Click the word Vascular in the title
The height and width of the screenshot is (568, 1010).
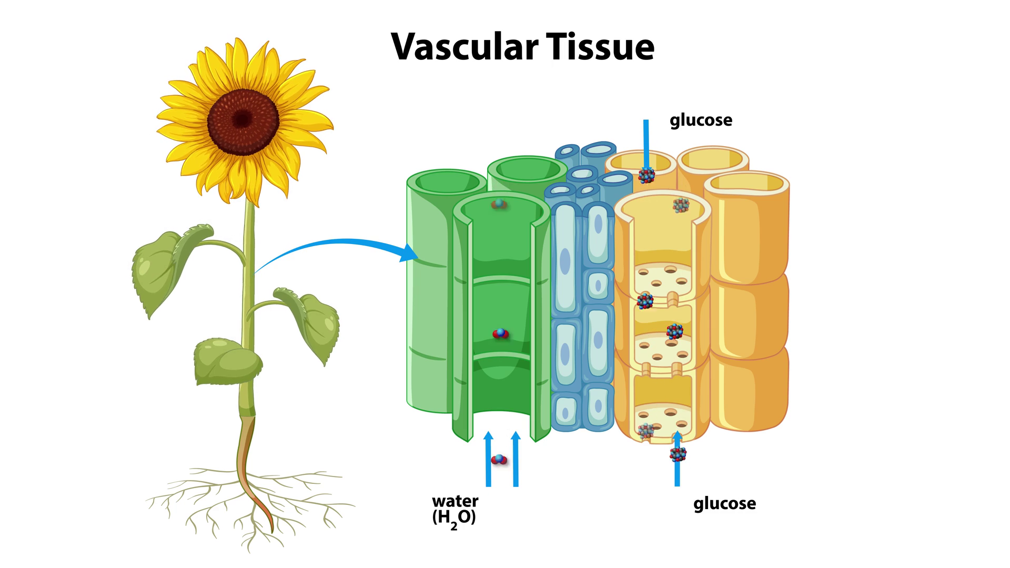tap(464, 46)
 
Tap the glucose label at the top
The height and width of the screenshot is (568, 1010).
tap(701, 120)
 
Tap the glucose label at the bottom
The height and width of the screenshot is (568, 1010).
tap(724, 503)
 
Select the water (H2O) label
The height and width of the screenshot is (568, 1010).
tap(455, 509)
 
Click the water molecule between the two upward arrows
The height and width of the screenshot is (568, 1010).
tap(499, 460)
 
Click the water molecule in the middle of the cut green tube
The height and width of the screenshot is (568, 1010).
tap(500, 333)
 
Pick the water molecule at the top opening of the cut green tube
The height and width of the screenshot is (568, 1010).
tap(498, 204)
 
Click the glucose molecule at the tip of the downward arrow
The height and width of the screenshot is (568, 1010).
tap(647, 176)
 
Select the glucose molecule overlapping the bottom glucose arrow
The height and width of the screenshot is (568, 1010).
tap(678, 454)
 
